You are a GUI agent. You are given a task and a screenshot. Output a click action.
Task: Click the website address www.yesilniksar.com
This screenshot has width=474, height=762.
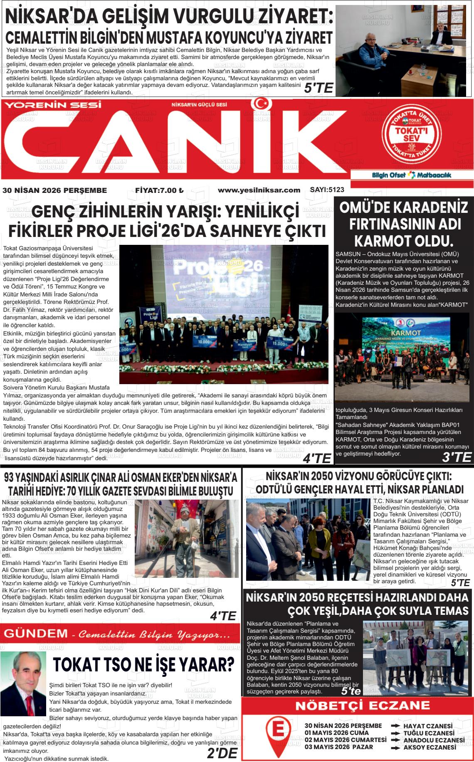tap(259, 190)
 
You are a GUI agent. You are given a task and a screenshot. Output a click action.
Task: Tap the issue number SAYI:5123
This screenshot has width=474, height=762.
tap(327, 190)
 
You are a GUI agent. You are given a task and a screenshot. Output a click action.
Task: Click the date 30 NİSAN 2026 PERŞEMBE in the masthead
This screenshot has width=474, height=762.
tap(54, 190)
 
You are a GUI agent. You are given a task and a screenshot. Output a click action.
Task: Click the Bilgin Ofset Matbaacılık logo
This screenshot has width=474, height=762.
tap(411, 175)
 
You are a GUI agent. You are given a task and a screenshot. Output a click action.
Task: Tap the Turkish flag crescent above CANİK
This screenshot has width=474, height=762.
tap(260, 104)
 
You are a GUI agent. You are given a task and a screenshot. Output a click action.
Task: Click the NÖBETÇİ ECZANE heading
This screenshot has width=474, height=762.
tap(357, 705)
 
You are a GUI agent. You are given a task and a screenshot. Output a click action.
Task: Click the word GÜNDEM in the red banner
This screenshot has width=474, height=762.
tap(35, 634)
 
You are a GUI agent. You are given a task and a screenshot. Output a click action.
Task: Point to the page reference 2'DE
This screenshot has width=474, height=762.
tap(222, 753)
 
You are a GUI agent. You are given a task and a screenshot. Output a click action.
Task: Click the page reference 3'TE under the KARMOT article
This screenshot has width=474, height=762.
tap(457, 457)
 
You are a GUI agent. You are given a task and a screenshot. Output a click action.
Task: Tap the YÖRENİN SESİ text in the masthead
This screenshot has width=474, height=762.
tap(53, 105)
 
